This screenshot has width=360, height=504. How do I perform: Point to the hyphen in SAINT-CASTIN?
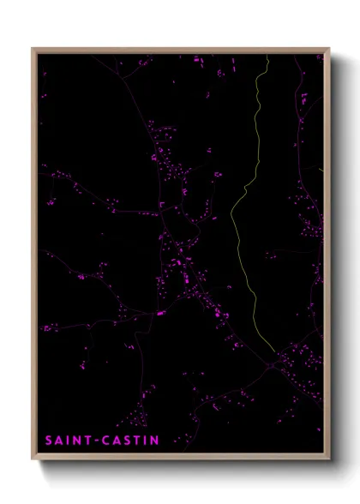tap(100, 441)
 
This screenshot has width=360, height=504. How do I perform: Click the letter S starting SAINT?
tap(49, 441)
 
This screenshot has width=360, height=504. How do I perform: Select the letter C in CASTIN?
tap(109, 441)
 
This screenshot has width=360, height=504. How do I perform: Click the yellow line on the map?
tap(233, 223)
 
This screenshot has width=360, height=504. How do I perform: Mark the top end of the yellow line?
tap(267, 57)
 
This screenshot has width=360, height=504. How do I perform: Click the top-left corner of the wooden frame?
tap(33, 49)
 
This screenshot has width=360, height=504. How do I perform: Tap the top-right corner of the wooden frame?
tap(329, 49)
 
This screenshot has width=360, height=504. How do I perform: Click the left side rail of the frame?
tap(34, 257)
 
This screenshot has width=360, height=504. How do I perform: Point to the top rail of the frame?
tap(180, 50)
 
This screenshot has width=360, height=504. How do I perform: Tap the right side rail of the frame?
tap(327, 257)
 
